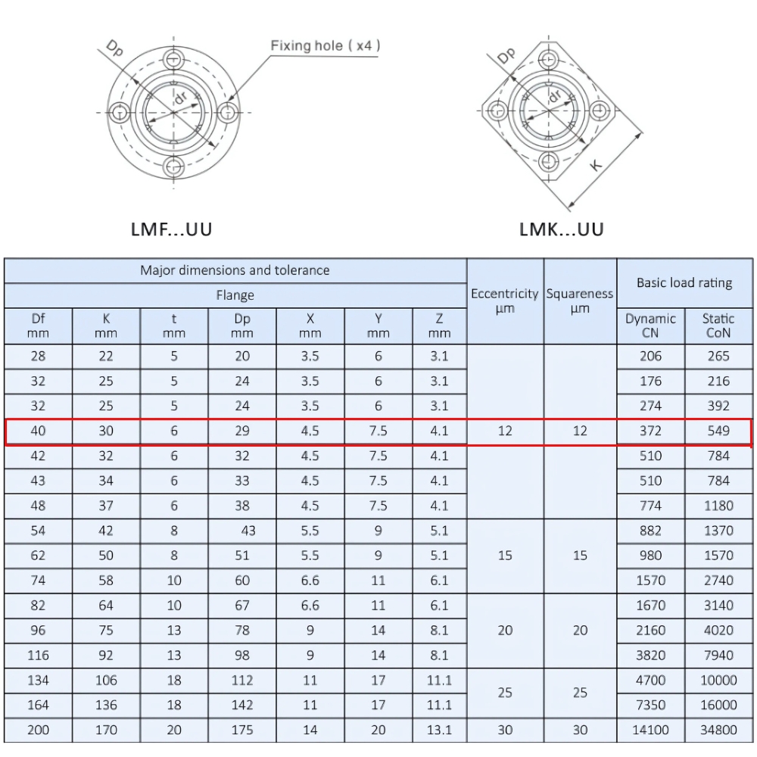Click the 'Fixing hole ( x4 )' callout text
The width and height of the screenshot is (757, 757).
[x=326, y=46]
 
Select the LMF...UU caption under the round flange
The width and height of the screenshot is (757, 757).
[x=171, y=229]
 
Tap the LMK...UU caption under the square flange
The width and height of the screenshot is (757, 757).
[x=562, y=229]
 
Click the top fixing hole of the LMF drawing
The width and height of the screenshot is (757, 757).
[x=174, y=59]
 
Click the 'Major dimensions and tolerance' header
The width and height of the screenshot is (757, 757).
[x=235, y=270]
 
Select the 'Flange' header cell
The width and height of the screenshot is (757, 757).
[x=235, y=295]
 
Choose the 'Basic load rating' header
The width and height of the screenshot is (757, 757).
[x=684, y=282]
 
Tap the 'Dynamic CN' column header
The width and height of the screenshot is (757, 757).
[x=650, y=326]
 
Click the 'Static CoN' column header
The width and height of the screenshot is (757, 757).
[x=718, y=326]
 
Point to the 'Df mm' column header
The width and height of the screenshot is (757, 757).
[x=38, y=326]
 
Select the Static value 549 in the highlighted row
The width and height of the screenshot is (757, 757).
[x=718, y=431]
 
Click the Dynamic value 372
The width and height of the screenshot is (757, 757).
[x=650, y=431]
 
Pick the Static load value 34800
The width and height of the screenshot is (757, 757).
[x=718, y=730]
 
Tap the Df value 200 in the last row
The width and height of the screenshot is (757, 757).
[x=38, y=730]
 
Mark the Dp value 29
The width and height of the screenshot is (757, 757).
[x=242, y=431]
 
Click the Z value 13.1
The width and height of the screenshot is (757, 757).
[x=439, y=730]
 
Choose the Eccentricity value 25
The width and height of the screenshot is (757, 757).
[x=505, y=693]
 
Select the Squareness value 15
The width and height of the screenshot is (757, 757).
[x=580, y=556]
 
